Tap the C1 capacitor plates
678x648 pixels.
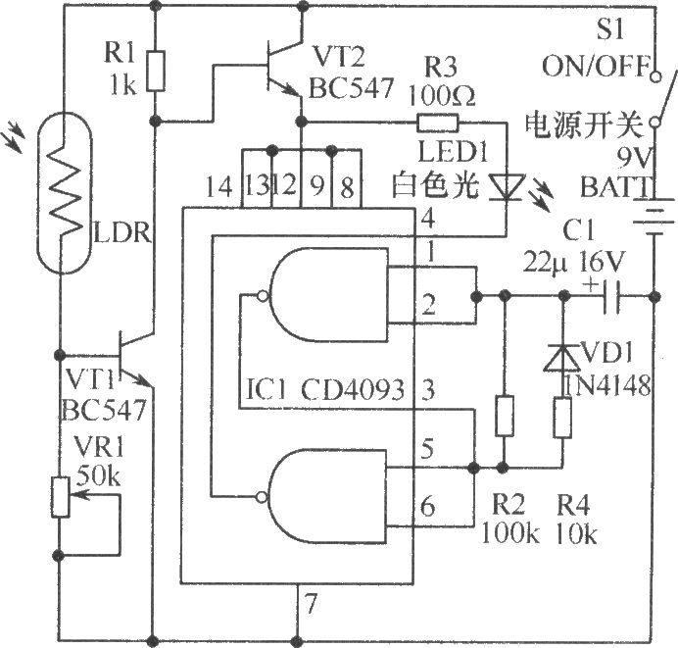tap(612, 295)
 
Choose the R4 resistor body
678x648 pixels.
tap(564, 417)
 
